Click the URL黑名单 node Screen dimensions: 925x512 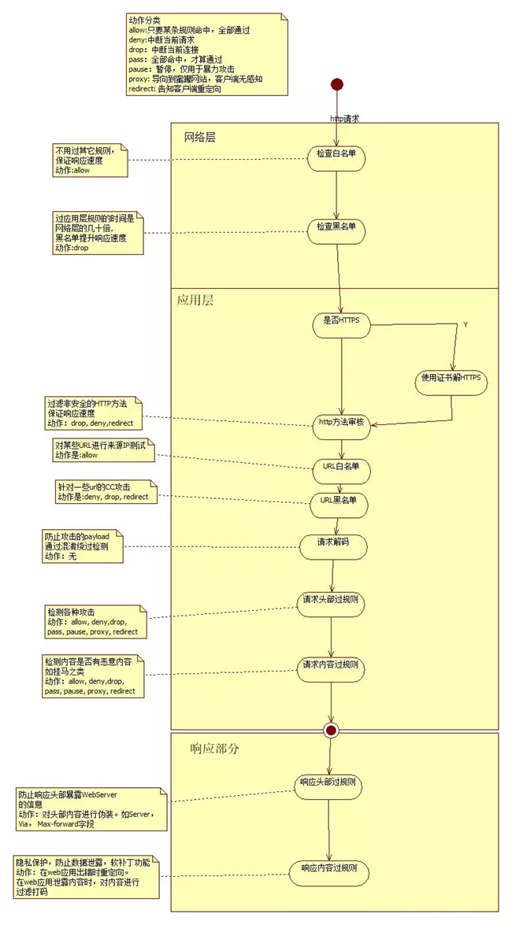(339, 501)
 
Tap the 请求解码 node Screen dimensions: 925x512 (334, 543)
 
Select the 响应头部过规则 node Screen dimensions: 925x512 (330, 784)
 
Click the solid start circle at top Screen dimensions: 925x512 (337, 84)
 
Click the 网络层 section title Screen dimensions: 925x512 (200, 137)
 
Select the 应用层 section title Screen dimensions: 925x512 (195, 301)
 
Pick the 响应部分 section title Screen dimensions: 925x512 (215, 749)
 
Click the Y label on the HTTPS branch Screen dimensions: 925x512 (465, 324)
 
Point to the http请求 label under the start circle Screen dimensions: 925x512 (344, 118)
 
